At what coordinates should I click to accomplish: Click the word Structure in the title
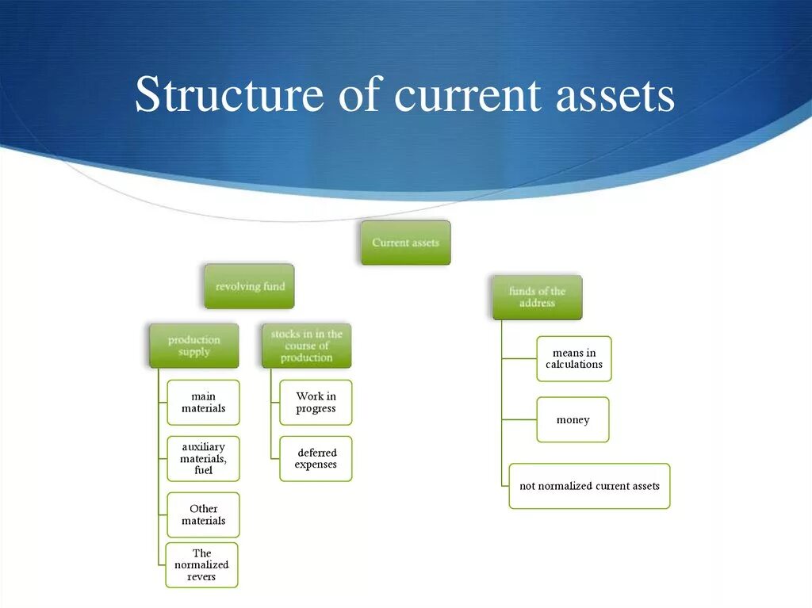click(229, 95)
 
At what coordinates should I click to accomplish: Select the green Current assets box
click(405, 243)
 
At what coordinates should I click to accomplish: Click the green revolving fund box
click(249, 286)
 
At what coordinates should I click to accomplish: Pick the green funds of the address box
click(537, 297)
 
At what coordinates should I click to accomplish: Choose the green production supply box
click(193, 346)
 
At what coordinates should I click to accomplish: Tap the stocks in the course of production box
click(306, 346)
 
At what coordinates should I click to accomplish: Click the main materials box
click(203, 403)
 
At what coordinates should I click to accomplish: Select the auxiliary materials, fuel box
click(203, 458)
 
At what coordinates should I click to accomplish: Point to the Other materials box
click(203, 514)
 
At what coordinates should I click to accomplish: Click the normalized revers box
click(201, 564)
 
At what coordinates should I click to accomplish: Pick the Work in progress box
click(316, 403)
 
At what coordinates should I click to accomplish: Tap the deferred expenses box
click(316, 458)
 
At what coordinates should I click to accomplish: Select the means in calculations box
click(573, 358)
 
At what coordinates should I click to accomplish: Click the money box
click(573, 419)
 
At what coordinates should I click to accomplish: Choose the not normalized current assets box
click(589, 486)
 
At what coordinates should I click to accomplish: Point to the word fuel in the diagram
click(203, 470)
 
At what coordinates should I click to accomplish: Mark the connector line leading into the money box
click(519, 419)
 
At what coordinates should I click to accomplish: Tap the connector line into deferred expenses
click(274, 458)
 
